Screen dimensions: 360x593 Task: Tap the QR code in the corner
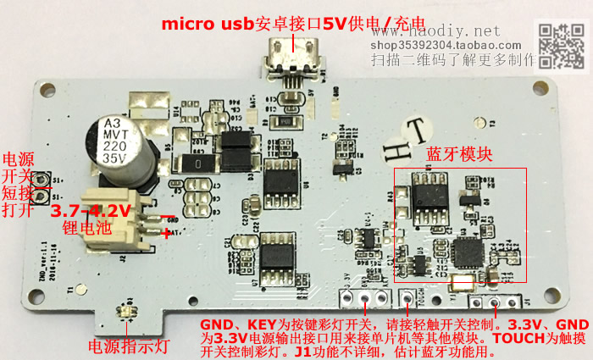pos(562,45)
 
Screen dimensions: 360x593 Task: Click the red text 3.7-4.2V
pos(91,209)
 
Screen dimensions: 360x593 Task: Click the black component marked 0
pos(197,161)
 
